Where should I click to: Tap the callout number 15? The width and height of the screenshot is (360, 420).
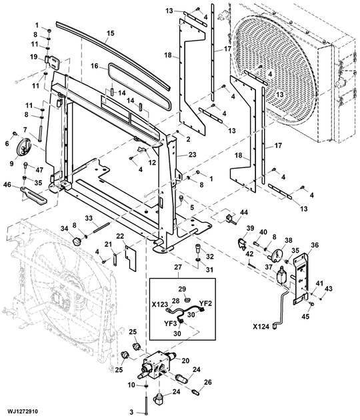110,33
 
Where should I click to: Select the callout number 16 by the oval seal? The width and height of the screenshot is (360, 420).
95,66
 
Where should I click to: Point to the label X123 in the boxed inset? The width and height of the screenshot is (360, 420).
159,303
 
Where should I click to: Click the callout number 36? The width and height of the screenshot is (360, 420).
315,245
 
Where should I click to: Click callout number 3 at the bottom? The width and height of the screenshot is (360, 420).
132,411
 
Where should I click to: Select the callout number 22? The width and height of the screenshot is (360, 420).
120,237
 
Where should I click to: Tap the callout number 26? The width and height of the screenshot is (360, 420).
207,382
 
